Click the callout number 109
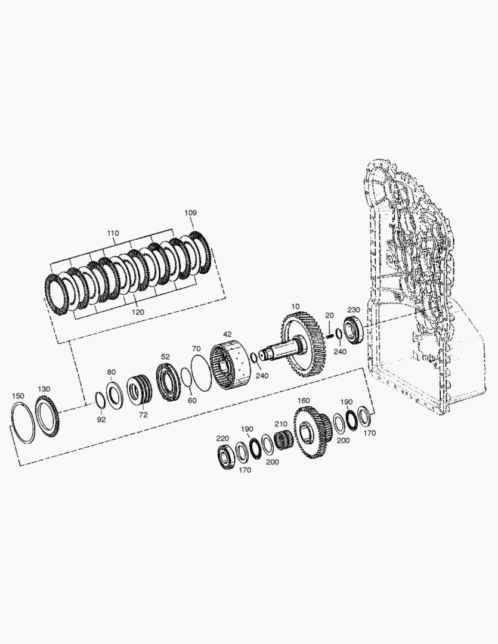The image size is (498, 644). click(x=190, y=213)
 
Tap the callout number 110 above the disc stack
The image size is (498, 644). click(x=113, y=233)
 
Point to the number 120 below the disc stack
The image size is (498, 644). click(x=138, y=312)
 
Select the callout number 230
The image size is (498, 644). click(x=354, y=309)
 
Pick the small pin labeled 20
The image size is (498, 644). click(x=330, y=335)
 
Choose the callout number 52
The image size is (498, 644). click(x=165, y=357)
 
